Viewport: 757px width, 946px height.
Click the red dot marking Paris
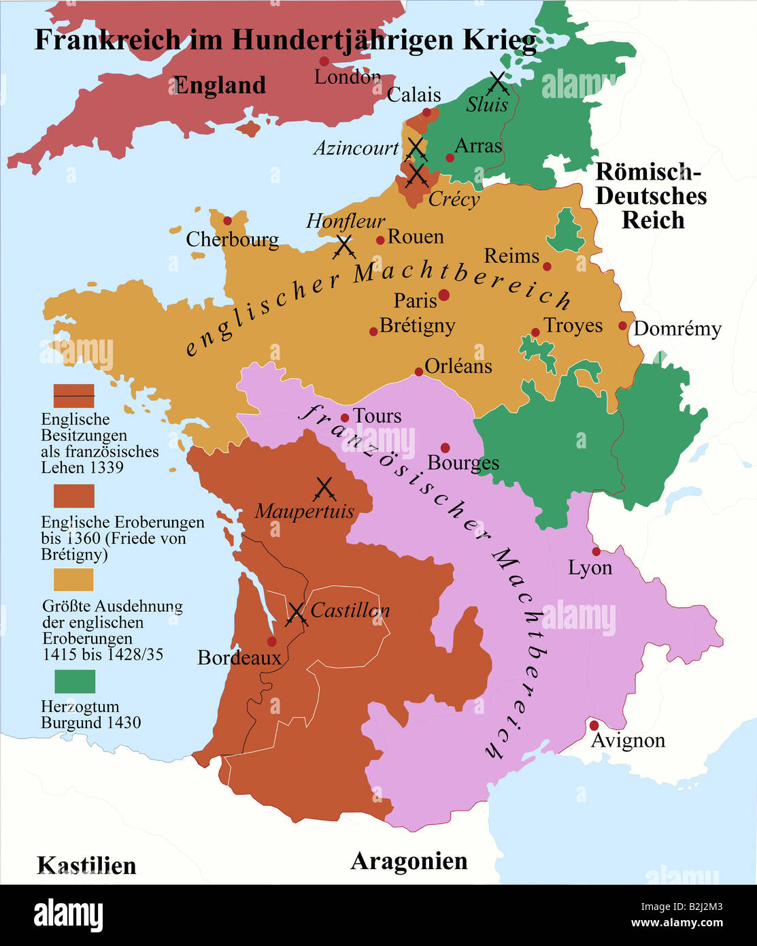443,295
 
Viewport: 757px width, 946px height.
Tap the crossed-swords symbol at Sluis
498,82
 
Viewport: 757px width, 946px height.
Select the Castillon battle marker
297,613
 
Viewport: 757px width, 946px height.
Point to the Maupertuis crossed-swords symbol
325,489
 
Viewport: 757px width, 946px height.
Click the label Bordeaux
239,657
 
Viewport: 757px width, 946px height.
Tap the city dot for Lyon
596,551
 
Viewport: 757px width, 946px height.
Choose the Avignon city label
628,740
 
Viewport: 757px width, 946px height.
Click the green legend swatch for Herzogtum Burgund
74,681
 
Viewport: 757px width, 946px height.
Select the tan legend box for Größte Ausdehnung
73,580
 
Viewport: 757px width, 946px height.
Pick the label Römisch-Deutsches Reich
651,196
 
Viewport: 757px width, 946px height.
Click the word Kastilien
86,866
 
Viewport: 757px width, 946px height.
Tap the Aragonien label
409,861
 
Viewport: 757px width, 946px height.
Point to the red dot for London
324,61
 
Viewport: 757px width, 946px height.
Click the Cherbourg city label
232,240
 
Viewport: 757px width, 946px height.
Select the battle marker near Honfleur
344,246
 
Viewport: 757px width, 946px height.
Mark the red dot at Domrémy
622,326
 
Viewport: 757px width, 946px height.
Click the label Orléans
458,366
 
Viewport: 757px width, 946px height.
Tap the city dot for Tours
345,418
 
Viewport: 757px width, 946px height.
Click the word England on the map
219,86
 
